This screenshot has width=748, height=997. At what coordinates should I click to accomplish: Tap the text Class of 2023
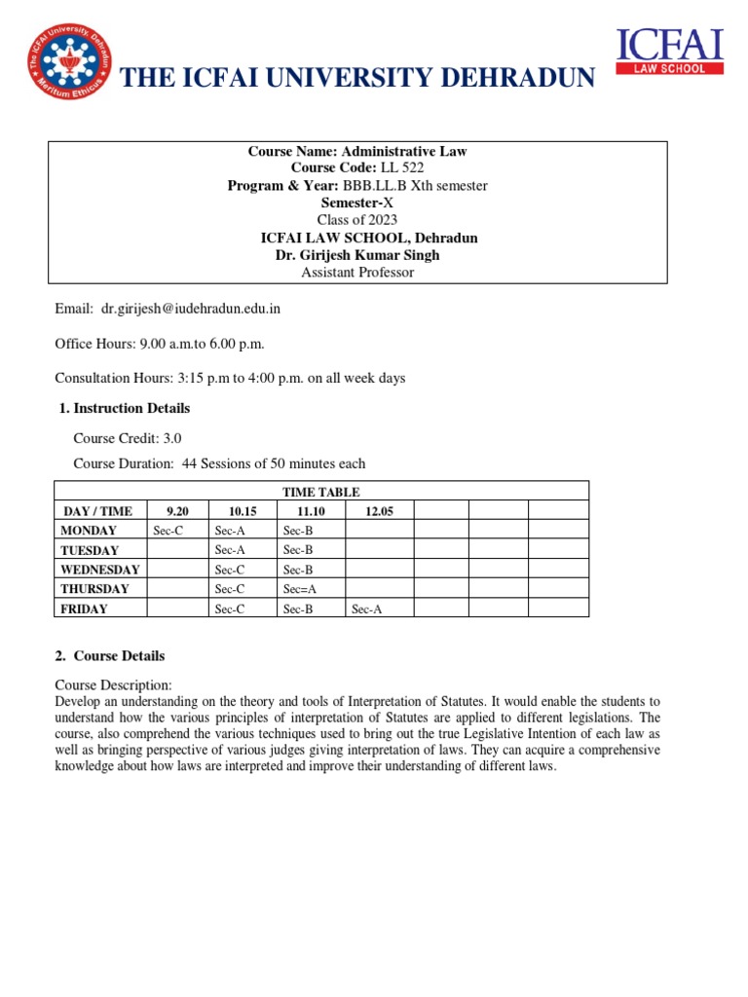point(357,220)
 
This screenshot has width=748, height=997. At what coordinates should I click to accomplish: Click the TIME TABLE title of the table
point(320,492)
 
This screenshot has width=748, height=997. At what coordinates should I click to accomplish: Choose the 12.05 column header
point(379,510)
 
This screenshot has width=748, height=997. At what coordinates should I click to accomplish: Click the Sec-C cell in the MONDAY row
point(168,531)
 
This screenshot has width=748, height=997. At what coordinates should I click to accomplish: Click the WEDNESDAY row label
point(99,570)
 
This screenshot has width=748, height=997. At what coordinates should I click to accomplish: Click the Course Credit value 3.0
point(171,439)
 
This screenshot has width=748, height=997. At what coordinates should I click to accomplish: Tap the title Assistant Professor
point(357,273)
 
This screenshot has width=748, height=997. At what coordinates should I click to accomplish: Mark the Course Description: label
point(113,685)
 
